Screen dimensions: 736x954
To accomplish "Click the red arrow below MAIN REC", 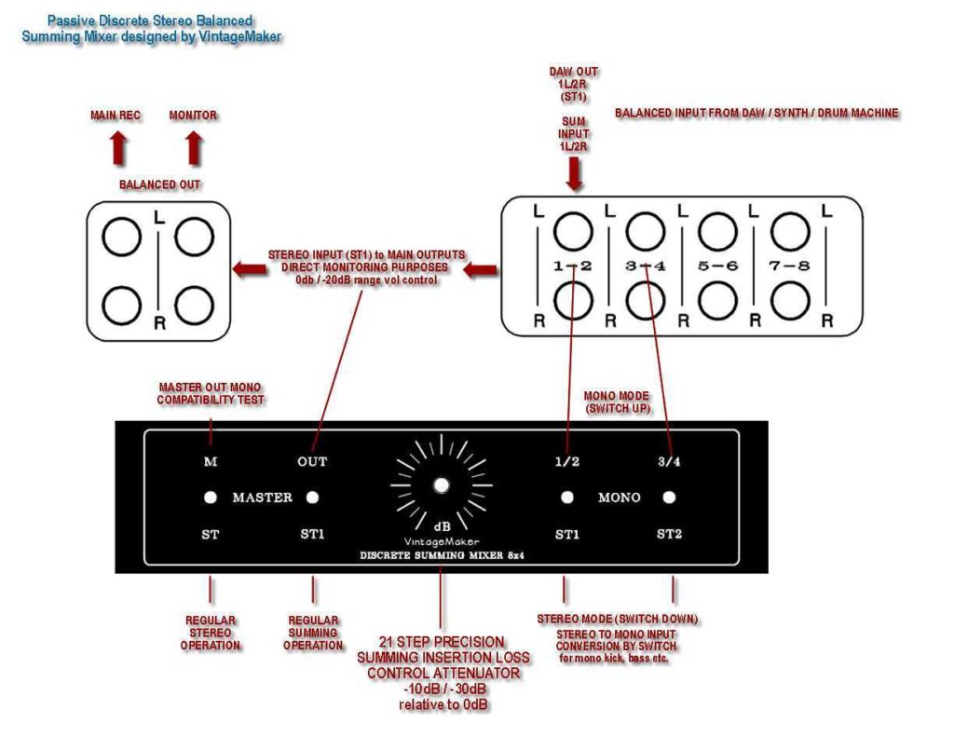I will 118,148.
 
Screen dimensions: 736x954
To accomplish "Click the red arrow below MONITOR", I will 193,148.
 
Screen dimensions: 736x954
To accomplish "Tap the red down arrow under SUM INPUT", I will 575,173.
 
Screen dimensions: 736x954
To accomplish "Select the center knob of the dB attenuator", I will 441,484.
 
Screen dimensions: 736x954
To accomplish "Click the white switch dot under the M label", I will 211,497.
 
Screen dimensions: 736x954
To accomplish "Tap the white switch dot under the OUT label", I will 313,497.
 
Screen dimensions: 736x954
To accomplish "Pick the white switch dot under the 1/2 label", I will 566,497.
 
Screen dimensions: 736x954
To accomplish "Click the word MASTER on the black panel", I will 262,497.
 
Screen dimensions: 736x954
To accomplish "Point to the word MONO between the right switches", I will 619,497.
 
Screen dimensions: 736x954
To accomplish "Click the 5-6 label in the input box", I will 717,266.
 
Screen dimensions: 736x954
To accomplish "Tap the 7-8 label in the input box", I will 789,266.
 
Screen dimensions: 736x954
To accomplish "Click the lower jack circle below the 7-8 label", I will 789,299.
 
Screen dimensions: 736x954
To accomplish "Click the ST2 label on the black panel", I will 669,534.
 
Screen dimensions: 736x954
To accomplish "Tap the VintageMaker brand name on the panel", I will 441,541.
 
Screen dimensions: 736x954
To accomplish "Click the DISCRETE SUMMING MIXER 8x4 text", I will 441,556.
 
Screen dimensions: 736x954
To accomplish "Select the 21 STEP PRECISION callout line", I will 443,642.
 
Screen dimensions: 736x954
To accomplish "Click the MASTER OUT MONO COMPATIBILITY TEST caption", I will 211,393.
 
